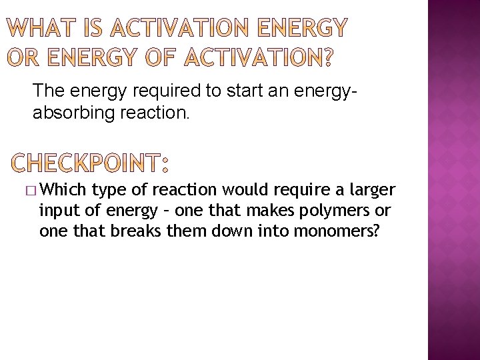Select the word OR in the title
23,59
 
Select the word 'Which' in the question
64,190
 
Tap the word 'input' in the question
57,211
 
